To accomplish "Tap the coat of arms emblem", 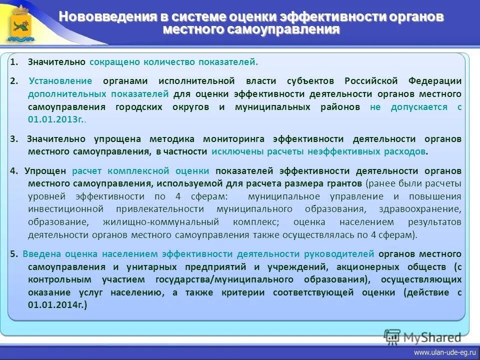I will (x=20, y=23).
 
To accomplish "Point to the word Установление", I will (x=60, y=81).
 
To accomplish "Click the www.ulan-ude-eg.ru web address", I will (x=441, y=352).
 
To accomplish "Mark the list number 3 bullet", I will (x=13, y=139).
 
